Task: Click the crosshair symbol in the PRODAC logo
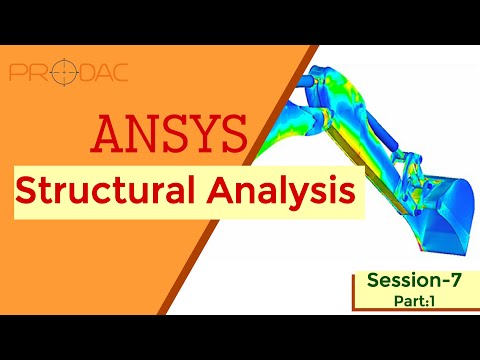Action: tap(60, 73)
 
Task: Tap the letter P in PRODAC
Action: tap(17, 73)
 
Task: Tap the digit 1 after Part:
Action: tap(433, 300)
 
